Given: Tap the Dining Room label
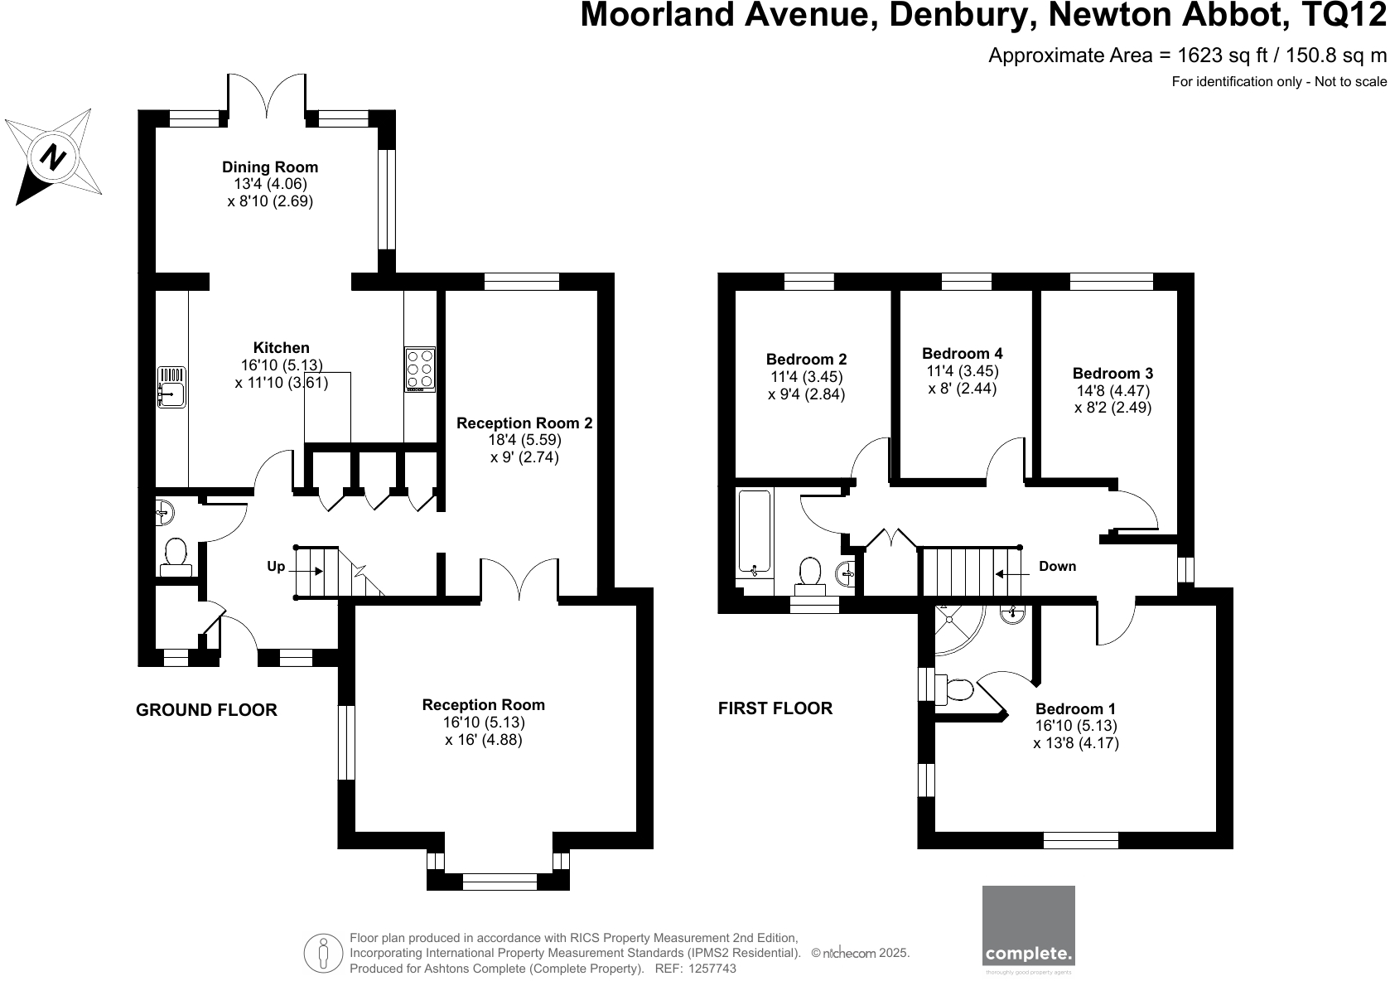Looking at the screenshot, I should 269,167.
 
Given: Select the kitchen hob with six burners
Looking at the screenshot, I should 420,369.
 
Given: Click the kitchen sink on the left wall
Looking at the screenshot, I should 172,387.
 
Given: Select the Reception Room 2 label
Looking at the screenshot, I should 524,423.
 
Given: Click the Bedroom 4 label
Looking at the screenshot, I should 962,353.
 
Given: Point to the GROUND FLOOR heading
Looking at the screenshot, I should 206,710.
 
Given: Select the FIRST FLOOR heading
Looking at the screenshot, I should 775,708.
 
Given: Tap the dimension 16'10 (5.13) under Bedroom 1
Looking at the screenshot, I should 1076,726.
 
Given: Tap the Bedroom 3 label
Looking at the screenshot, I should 1112,373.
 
